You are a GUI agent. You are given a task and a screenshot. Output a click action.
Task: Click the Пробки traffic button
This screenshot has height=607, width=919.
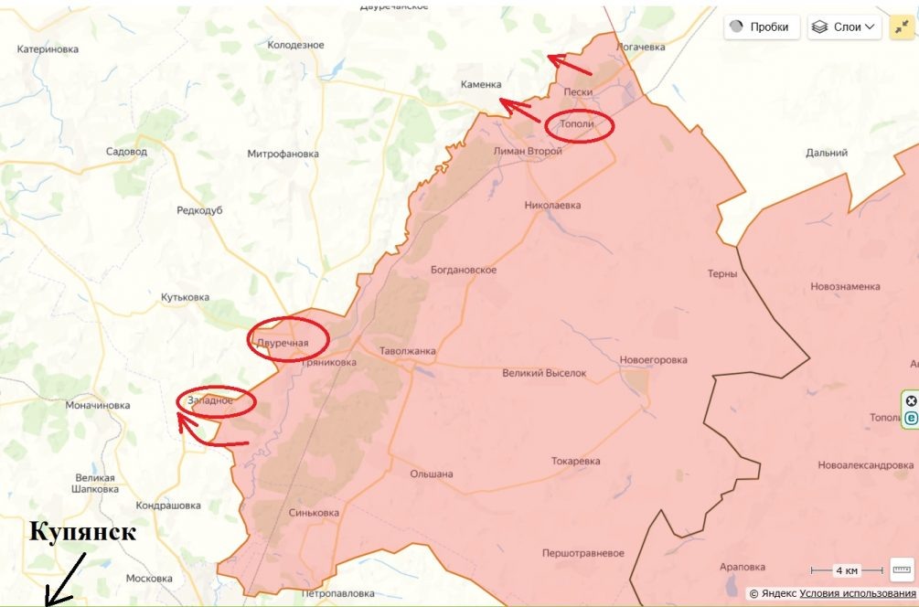click(x=763, y=27)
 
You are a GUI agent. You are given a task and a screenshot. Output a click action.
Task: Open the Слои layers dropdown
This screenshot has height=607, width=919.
click(x=844, y=27)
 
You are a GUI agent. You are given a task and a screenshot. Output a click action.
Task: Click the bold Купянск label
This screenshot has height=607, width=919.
click(x=82, y=532)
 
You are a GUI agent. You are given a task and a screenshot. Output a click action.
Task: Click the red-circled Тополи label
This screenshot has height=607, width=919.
click(x=579, y=124)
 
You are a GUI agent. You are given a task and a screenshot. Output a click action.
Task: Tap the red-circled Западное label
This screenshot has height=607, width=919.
click(x=210, y=400)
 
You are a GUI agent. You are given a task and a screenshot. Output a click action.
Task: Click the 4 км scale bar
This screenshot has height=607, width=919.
click(x=847, y=570)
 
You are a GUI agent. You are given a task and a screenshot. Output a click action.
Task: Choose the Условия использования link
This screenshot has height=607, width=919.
click(x=858, y=593)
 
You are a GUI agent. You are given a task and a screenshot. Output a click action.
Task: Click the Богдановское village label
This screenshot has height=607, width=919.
click(x=464, y=270)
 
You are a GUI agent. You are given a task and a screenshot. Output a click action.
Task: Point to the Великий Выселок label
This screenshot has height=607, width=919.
click(x=544, y=373)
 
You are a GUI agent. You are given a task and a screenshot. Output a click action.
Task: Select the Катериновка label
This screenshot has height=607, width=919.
click(x=48, y=49)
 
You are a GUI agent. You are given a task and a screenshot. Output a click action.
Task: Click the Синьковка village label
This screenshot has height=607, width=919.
click(x=313, y=513)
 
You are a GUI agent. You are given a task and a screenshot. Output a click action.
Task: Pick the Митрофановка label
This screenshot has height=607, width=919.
click(x=283, y=154)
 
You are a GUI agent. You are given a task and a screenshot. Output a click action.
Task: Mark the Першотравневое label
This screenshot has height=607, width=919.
click(x=582, y=553)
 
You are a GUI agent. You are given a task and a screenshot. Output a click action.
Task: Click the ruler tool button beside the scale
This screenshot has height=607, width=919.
click(x=902, y=570)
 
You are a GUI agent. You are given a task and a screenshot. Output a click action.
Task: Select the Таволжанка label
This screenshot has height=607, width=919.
click(x=408, y=350)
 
